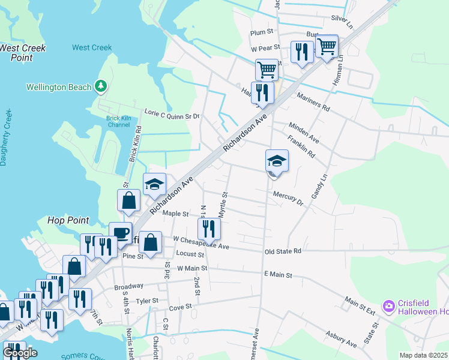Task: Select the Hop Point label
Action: coord(67,221)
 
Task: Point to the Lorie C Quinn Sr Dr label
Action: coord(172,113)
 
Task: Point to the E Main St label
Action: coord(277,275)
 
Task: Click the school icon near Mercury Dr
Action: coord(277,161)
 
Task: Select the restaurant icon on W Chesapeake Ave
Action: coord(209,229)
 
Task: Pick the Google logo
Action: coord(20,353)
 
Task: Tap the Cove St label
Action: coord(180,307)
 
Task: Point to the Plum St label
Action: coord(262,31)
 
